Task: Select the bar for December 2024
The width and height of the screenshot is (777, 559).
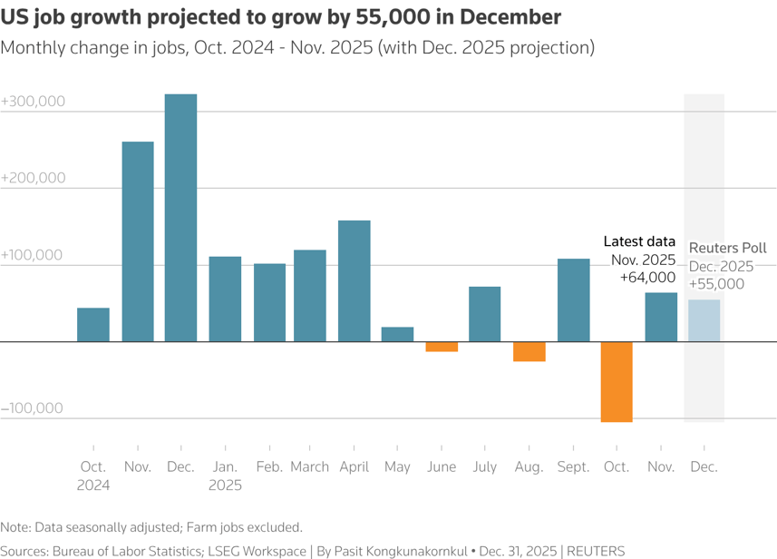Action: pyautogui.click(x=180, y=218)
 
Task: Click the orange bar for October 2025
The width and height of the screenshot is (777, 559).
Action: pyautogui.click(x=617, y=382)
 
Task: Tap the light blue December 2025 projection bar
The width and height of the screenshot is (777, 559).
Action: pyautogui.click(x=704, y=321)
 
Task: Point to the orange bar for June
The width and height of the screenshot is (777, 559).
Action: pyautogui.click(x=442, y=347)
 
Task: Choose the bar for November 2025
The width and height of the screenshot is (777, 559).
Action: pyautogui.click(x=661, y=318)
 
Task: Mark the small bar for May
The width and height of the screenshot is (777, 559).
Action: pyautogui.click(x=398, y=335)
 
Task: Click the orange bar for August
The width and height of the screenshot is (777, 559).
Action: pyautogui.click(x=529, y=352)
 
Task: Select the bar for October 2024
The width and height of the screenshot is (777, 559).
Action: pyautogui.click(x=93, y=325)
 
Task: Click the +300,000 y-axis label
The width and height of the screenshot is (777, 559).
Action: pyautogui.click(x=33, y=102)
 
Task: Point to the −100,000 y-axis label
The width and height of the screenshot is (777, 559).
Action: pyautogui.click(x=33, y=407)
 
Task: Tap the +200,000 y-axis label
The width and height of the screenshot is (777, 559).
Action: pyautogui.click(x=33, y=178)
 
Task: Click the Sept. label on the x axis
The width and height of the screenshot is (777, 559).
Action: pyautogui.click(x=573, y=467)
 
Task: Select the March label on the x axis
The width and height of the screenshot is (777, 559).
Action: pyautogui.click(x=310, y=467)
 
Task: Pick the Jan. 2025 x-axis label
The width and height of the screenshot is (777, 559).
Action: pyautogui.click(x=225, y=476)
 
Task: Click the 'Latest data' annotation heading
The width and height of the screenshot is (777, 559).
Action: pyautogui.click(x=639, y=241)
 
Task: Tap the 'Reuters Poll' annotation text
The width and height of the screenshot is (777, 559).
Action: pyautogui.click(x=728, y=248)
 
